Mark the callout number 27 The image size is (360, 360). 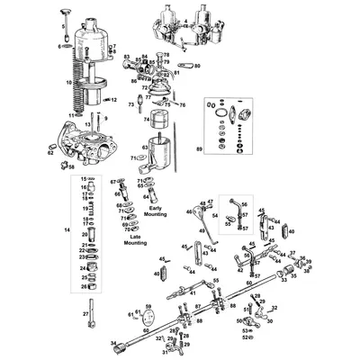pyautogui.click(x=85, y=313)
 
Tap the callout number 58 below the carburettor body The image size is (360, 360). pyautogui.click(x=72, y=167)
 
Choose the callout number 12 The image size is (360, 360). pyautogui.click(x=113, y=99)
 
